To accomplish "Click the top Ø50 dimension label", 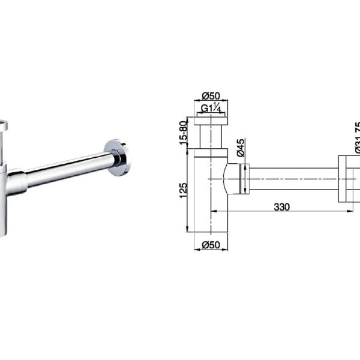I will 211,96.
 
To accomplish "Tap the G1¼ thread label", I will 211,109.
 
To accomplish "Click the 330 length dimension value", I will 282,207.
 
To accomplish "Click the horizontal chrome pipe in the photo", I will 69,169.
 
